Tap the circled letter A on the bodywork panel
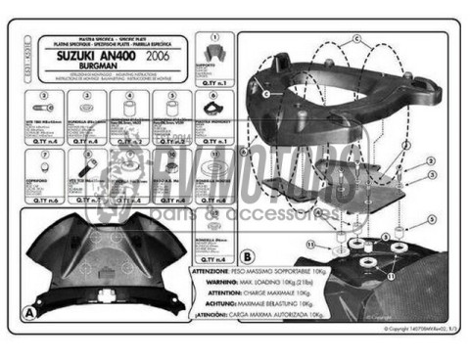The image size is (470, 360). [30, 311]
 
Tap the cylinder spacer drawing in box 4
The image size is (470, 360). [128, 107]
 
